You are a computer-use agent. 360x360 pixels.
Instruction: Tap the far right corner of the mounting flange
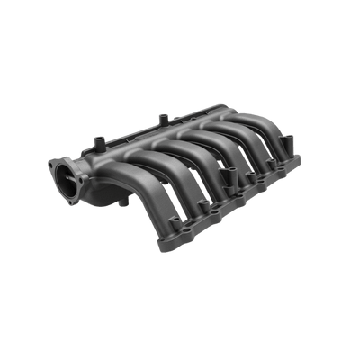point(306,162)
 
